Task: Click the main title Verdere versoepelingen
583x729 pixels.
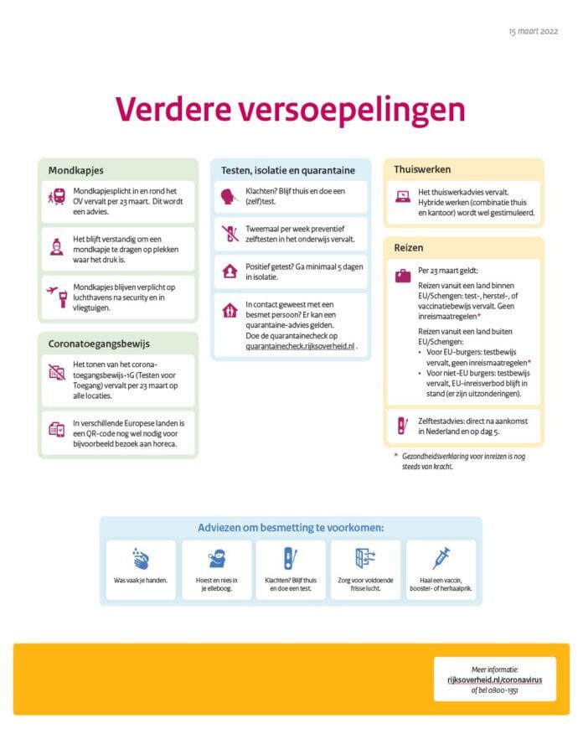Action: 290,109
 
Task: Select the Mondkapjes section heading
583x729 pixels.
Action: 76,170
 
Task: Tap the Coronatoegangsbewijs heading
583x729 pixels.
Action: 100,344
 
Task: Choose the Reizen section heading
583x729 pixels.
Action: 409,248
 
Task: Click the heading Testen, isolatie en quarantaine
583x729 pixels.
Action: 288,170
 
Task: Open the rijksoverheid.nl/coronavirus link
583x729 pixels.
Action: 495,680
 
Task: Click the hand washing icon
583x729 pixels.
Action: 142,559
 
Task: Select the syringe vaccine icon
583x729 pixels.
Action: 441,558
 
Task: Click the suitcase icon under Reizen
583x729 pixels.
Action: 403,274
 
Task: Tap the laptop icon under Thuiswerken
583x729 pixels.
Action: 403,197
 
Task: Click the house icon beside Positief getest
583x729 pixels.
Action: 230,271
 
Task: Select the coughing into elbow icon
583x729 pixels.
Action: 216,559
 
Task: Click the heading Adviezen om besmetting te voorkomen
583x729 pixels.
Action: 291,528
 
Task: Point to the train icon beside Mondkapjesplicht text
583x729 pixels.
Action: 57,197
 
